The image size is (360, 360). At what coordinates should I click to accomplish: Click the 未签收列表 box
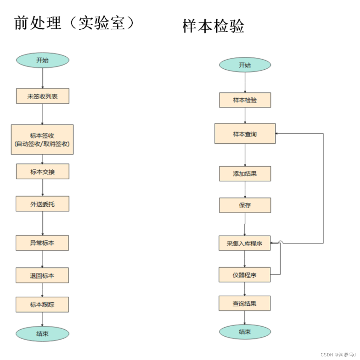[43, 96]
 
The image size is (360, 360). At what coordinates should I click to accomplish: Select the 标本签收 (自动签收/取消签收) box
[42, 139]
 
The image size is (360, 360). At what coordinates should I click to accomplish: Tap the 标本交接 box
[43, 172]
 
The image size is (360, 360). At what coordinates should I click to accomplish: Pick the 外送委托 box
[42, 204]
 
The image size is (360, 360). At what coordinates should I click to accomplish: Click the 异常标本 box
[42, 243]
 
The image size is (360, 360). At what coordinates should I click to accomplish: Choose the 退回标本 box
[42, 275]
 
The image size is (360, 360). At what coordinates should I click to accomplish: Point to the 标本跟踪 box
[42, 304]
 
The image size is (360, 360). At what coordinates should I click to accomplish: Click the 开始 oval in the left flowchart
[43, 60]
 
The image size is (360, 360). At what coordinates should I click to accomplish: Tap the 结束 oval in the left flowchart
[42, 334]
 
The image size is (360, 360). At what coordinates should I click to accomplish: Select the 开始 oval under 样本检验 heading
[245, 65]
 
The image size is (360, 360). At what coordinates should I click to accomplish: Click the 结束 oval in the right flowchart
[245, 332]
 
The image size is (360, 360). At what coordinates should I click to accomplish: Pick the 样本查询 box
[245, 134]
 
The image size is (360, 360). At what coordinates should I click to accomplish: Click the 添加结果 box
[245, 174]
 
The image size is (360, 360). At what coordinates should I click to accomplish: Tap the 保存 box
[245, 205]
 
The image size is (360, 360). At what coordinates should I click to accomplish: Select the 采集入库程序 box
[244, 243]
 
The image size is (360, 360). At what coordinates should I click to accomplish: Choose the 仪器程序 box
[244, 275]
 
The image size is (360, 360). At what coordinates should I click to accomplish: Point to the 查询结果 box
[244, 304]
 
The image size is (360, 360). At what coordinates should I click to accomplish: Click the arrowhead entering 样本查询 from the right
[277, 133]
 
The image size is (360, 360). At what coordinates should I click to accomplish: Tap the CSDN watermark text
[338, 355]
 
